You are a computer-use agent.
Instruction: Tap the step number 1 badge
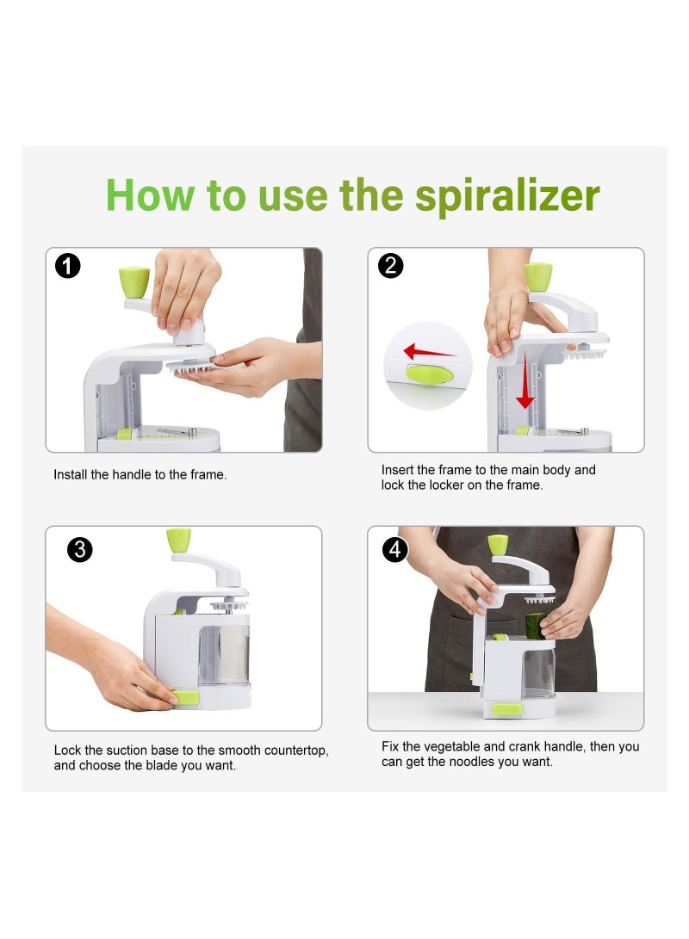tap(67, 265)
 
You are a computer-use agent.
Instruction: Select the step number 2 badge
tap(390, 265)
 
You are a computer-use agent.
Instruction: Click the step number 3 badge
tap(79, 549)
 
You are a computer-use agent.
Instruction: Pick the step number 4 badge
tap(394, 549)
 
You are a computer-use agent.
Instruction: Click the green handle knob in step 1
tap(133, 281)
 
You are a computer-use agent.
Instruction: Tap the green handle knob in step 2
tap(538, 276)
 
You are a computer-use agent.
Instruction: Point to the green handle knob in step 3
tap(178, 540)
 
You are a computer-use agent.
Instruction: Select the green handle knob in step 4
tap(498, 545)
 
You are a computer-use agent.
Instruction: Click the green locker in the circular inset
tap(427, 374)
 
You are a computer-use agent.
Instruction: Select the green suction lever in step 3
tap(185, 697)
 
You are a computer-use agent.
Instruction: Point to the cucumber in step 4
tap(535, 625)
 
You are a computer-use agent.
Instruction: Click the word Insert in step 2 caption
tap(398, 470)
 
